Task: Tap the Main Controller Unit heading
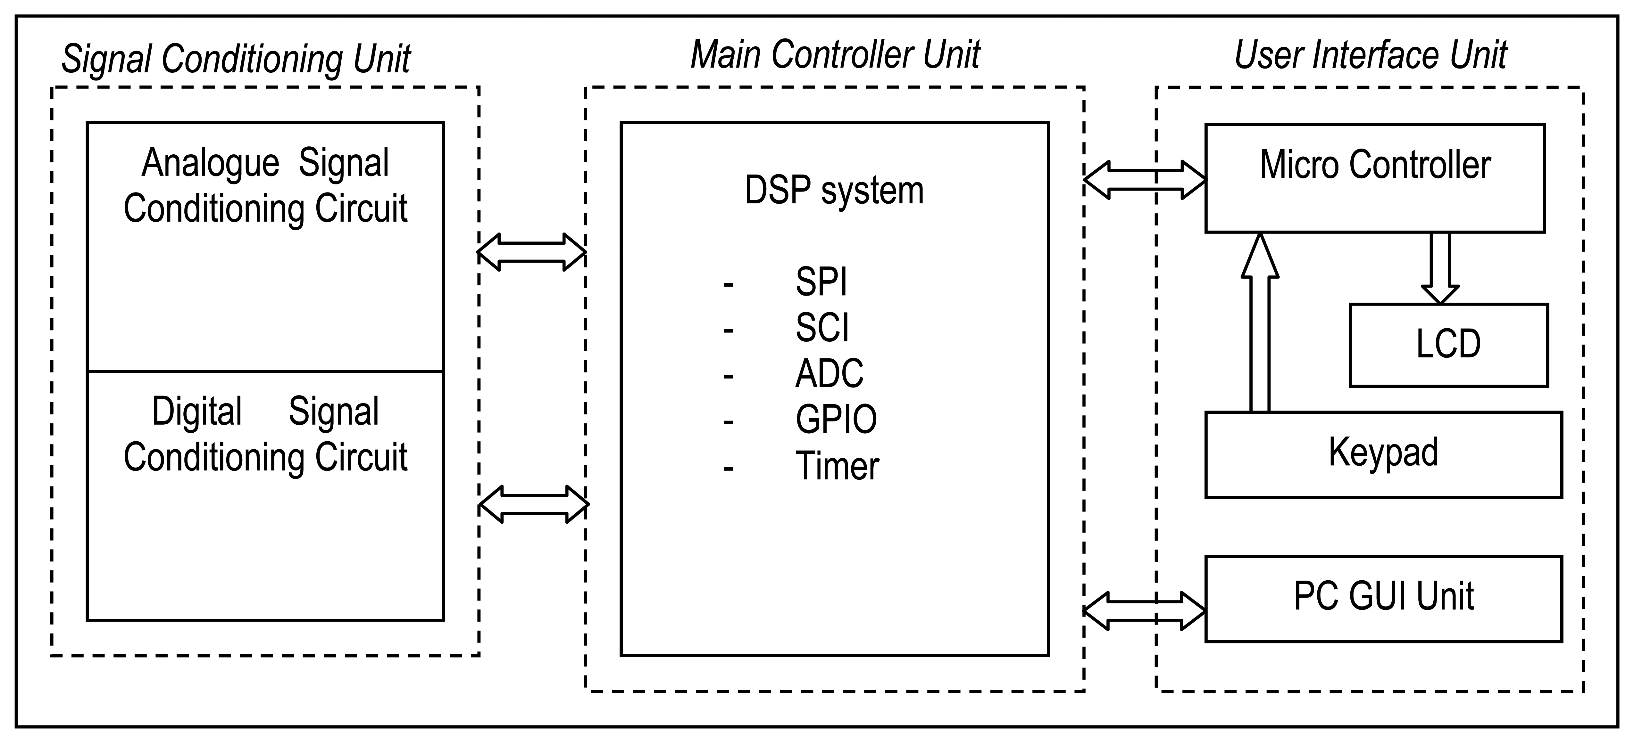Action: pyautogui.click(x=835, y=54)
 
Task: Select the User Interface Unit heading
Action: pyautogui.click(x=1370, y=56)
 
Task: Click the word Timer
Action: pyautogui.click(x=837, y=466)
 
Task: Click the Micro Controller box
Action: pyautogui.click(x=1375, y=178)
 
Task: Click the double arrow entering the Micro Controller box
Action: pyautogui.click(x=1145, y=180)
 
